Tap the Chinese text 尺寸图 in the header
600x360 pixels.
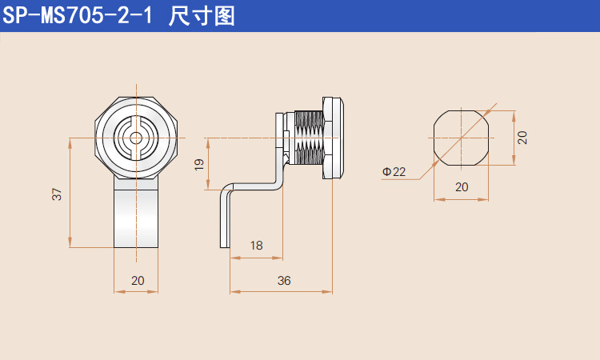204,17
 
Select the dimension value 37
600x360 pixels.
57,194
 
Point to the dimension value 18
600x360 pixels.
256,246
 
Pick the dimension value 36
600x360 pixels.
284,281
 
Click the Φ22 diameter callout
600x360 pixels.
394,172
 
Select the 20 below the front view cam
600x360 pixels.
138,280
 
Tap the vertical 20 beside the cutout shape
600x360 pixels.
522,137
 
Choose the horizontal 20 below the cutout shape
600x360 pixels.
462,187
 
